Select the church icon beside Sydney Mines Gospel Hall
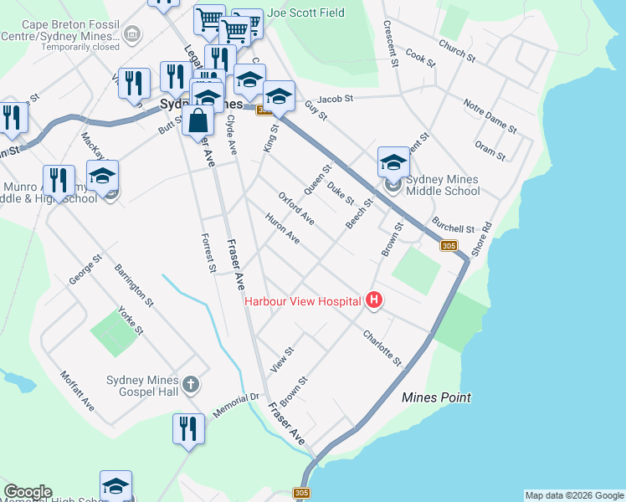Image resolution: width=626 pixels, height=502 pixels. (x=191, y=384)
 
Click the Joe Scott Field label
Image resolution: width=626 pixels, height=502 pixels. (x=300, y=13)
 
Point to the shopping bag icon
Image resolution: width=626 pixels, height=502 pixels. (x=198, y=120)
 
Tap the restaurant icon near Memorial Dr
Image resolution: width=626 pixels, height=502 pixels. (x=188, y=428)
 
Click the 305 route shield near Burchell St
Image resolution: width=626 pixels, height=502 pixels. (x=449, y=245)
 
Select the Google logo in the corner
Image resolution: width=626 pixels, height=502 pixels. (x=28, y=492)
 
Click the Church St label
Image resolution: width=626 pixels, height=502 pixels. (x=457, y=53)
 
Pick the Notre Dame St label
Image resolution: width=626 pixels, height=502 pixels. (x=490, y=115)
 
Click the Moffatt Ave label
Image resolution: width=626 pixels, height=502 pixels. (x=77, y=391)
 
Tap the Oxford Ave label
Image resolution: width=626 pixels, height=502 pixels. (x=295, y=207)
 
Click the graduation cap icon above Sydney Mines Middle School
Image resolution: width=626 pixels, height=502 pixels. (x=393, y=161)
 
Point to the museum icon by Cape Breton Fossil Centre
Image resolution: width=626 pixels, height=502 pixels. (x=131, y=34)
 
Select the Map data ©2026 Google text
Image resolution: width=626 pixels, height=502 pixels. (x=574, y=495)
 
